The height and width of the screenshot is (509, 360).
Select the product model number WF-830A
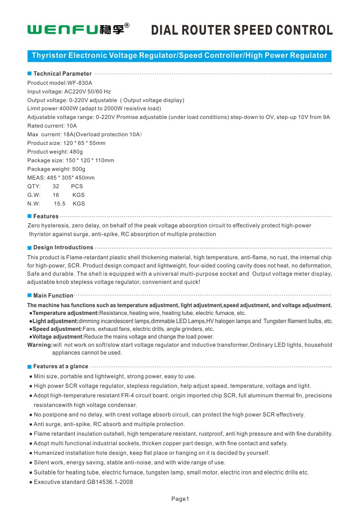[80, 83]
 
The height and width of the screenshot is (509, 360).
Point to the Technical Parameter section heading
[62, 73]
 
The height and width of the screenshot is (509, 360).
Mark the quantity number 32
[56, 186]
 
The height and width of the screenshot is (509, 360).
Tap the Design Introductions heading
[63, 247]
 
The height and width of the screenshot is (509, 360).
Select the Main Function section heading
[53, 296]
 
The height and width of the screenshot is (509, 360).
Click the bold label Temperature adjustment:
[66, 313]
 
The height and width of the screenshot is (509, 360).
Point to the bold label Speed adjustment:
[57, 329]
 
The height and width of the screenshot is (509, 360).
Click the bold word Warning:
[40, 345]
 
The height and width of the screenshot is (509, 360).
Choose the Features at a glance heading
[61, 366]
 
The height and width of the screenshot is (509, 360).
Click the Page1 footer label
[180, 499]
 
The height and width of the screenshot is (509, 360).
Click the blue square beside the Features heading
[29, 216]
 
